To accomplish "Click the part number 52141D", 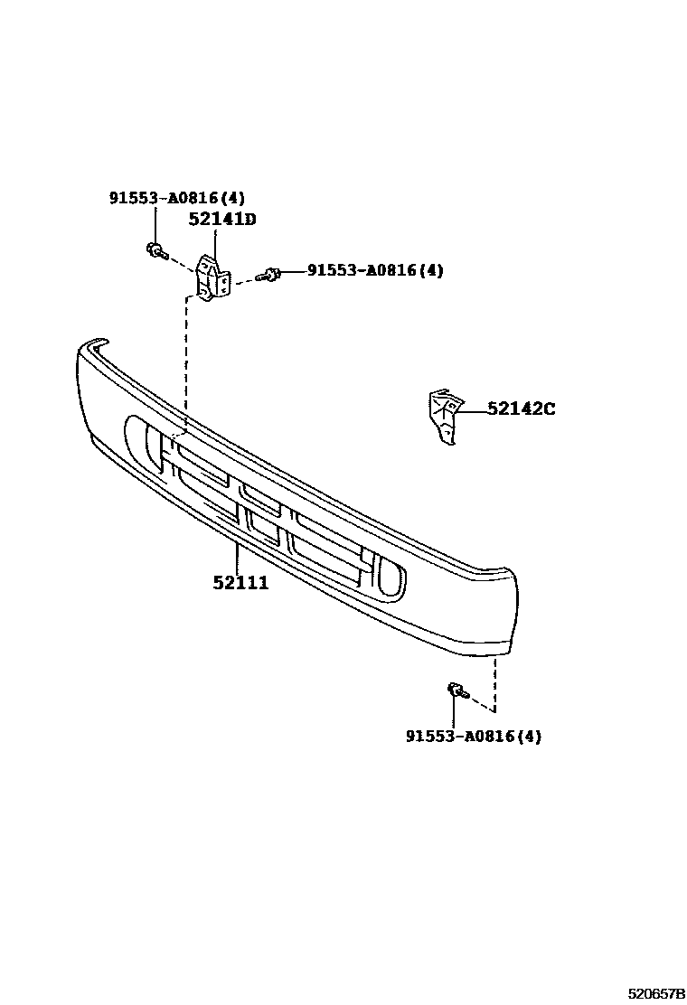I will point(222,219).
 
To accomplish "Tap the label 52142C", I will point(522,409).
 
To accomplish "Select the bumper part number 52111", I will point(240,583).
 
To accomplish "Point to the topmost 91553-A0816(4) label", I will point(177,198).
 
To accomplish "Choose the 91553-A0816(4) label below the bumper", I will point(474,737).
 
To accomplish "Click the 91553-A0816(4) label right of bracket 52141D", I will point(376,270).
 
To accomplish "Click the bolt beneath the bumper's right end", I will point(456,692).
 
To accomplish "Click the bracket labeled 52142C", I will point(443,415).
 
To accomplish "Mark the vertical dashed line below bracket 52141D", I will point(186,362).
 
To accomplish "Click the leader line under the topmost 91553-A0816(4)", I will point(155,223).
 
